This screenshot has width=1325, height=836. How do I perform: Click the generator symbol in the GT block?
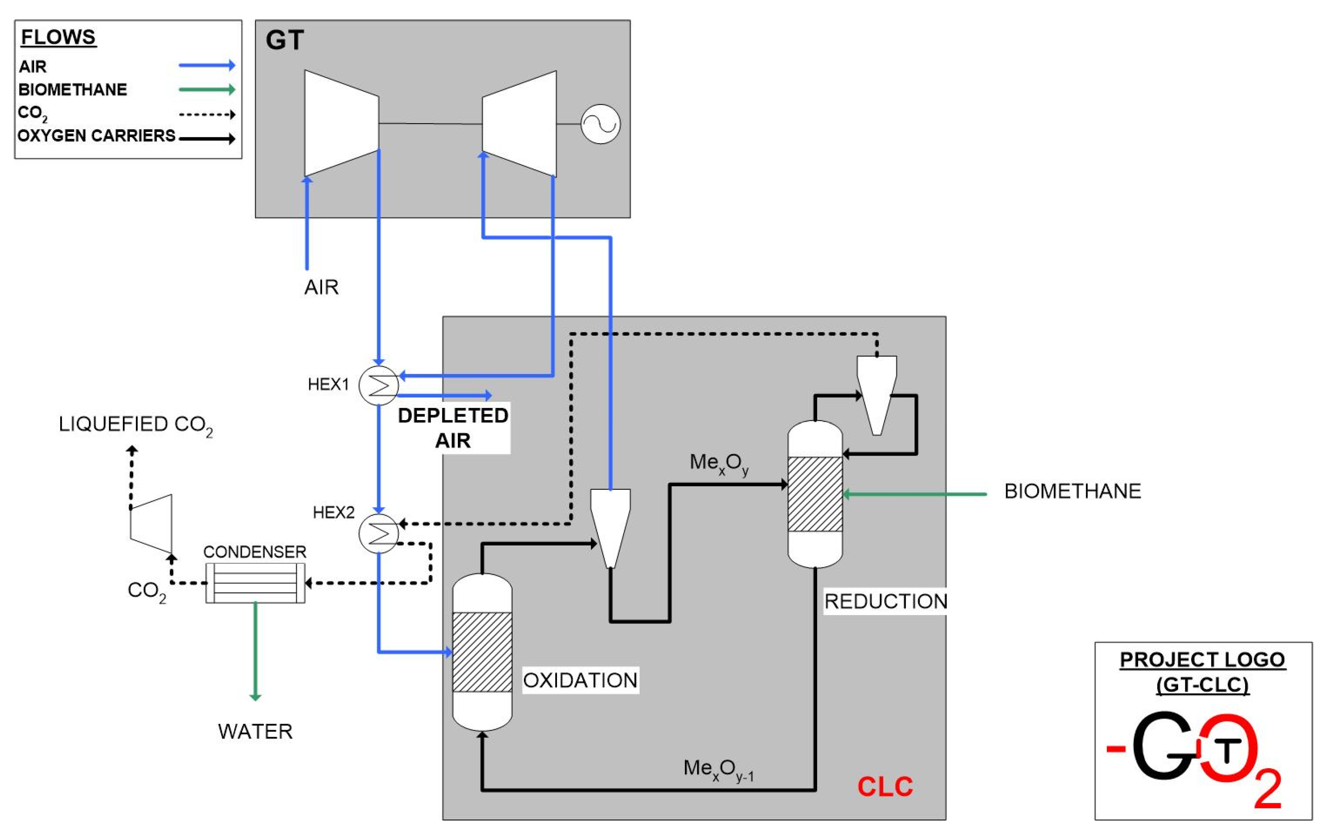point(600,124)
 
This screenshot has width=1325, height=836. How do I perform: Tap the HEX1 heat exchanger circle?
point(379,385)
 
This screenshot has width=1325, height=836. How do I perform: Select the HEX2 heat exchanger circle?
point(379,533)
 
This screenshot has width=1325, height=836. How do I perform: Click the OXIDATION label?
point(580,680)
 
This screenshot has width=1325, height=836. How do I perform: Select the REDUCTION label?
point(885,601)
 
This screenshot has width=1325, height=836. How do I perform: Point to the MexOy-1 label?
point(718,769)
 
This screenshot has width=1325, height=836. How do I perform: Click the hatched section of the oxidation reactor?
point(482,652)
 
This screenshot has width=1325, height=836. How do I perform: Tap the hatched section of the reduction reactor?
point(815,494)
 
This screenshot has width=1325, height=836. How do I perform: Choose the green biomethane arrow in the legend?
point(207,89)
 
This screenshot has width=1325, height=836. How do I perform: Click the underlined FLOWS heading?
point(58,37)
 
